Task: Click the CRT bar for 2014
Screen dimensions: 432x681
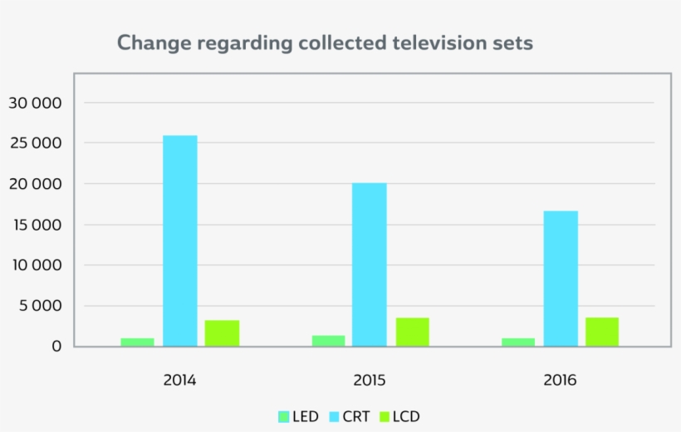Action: coord(179,240)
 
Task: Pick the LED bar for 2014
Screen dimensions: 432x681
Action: coord(137,342)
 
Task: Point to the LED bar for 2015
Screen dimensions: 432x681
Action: coord(328,340)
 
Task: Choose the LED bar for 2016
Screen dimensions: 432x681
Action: coord(518,342)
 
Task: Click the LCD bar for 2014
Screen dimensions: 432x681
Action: coord(222,332)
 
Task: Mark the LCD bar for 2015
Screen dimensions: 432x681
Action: coord(412,332)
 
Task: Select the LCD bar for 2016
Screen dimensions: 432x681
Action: coord(601,332)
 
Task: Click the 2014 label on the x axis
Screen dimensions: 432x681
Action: coord(179,381)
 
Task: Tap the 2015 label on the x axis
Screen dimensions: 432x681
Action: coord(370,381)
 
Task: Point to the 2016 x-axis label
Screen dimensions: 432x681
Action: coord(560,381)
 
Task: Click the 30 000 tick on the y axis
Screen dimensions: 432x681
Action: coord(35,103)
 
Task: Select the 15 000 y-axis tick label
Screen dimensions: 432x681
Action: coord(35,225)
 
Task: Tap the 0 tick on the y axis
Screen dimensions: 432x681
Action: coord(56,347)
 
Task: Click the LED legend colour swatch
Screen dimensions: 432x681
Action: coord(282,416)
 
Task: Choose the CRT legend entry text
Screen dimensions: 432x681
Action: coord(356,416)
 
